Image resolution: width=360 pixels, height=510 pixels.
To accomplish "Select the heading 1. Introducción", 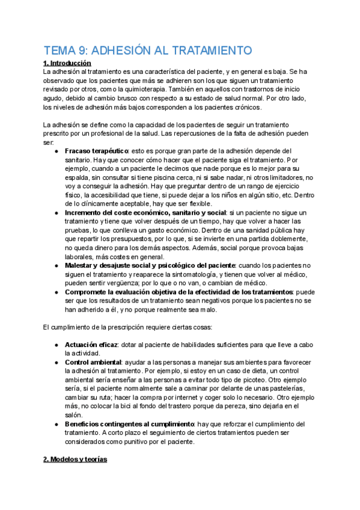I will [x=67, y=63].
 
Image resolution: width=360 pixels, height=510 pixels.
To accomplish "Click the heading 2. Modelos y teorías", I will [x=75, y=459].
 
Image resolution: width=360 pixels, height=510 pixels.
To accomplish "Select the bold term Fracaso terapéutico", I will [x=96, y=151].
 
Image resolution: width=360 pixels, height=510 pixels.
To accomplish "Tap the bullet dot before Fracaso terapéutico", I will [x=56, y=151].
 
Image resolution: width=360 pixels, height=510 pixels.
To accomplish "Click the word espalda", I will [x=78, y=178].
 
